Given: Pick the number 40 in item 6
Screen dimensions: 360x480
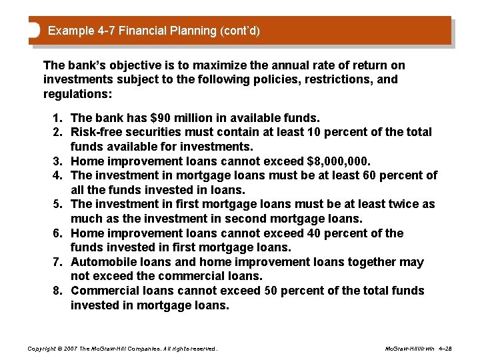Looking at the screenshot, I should tap(321, 233).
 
